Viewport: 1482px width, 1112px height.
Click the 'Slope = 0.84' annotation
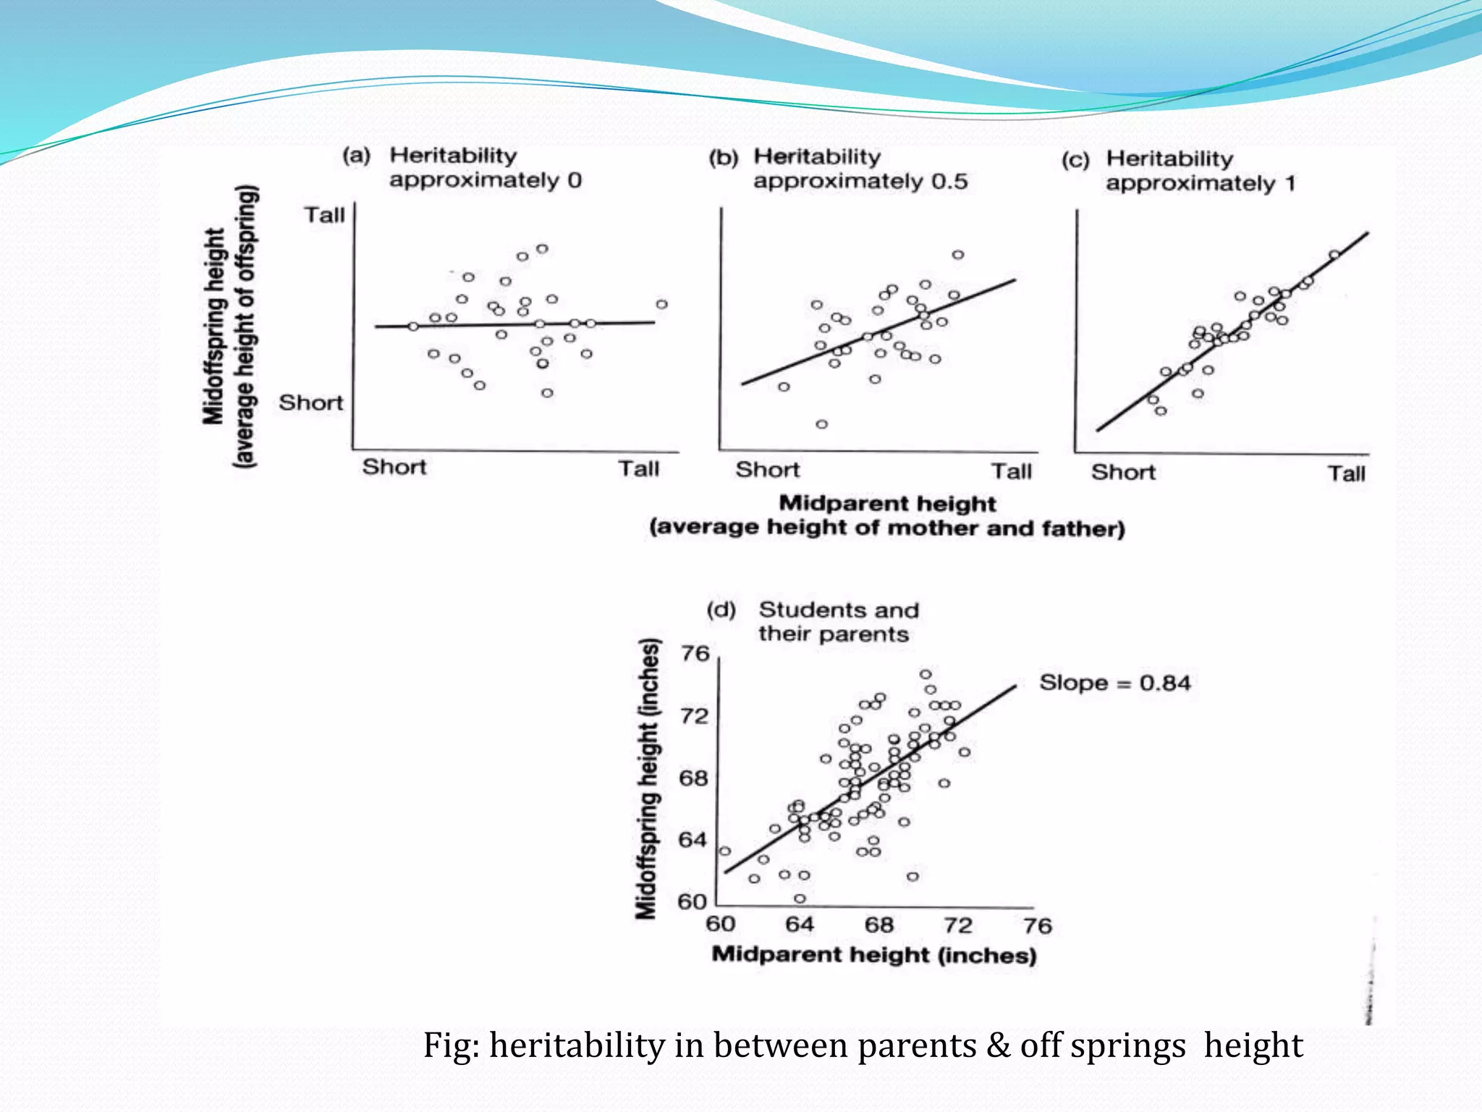point(1114,683)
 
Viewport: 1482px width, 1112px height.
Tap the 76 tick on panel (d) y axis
point(695,654)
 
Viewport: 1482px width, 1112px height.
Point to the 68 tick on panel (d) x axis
point(878,924)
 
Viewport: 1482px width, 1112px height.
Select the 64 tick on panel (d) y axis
point(693,840)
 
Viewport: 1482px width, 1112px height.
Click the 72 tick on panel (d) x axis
point(957,924)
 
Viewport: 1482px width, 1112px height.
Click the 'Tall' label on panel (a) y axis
point(324,215)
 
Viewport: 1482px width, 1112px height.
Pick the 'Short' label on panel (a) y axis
point(311,403)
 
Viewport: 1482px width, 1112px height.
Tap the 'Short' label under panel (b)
point(768,470)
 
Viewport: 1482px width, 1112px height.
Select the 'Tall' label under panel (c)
point(1346,473)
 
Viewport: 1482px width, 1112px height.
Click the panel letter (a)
point(356,156)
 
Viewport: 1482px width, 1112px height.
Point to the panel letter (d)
point(721,610)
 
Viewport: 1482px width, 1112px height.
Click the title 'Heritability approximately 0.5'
point(860,169)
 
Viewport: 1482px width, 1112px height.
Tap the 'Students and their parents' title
point(838,622)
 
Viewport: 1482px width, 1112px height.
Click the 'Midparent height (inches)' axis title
point(874,955)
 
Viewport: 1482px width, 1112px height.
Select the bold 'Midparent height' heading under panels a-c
point(887,503)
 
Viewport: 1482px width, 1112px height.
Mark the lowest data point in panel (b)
point(821,424)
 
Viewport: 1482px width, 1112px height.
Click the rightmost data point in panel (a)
point(661,304)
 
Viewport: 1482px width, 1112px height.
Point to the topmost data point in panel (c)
point(1334,254)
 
